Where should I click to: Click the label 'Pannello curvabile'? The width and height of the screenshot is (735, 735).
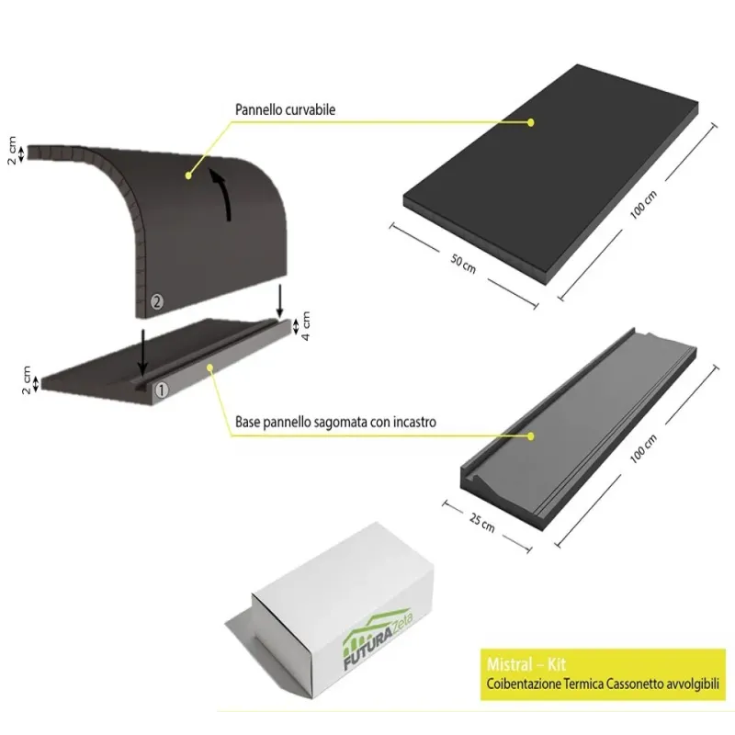[285, 109]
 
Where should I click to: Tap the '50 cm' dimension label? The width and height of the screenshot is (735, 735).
[462, 263]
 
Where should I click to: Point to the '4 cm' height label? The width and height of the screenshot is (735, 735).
[307, 324]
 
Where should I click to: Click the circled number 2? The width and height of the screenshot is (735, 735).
[157, 301]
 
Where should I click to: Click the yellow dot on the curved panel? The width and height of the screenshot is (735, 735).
[187, 174]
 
